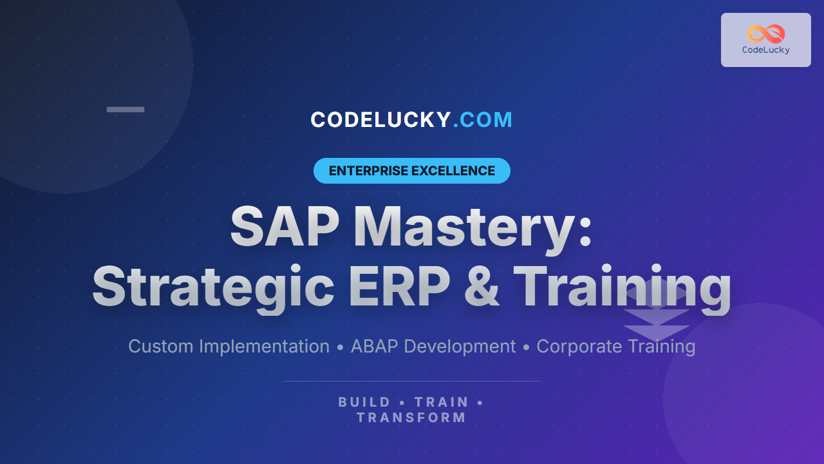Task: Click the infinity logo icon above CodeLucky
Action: tap(766, 34)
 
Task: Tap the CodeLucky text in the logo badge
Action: tap(766, 50)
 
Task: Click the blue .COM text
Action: tap(483, 120)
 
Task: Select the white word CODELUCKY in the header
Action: tap(380, 120)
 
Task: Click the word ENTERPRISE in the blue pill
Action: tap(368, 171)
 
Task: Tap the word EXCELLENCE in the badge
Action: tap(453, 171)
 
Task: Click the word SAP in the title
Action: tap(285, 226)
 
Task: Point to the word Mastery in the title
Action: tap(464, 228)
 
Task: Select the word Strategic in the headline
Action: tap(213, 288)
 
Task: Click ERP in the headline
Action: tap(400, 285)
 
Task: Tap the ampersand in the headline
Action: tap(482, 285)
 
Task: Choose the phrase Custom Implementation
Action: tap(229, 347)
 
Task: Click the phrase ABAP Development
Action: tap(433, 347)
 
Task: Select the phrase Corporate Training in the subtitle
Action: tap(616, 347)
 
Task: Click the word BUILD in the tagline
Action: tap(364, 402)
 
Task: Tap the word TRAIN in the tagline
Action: tap(442, 402)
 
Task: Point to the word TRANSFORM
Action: tap(411, 418)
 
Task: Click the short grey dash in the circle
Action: tap(126, 110)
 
